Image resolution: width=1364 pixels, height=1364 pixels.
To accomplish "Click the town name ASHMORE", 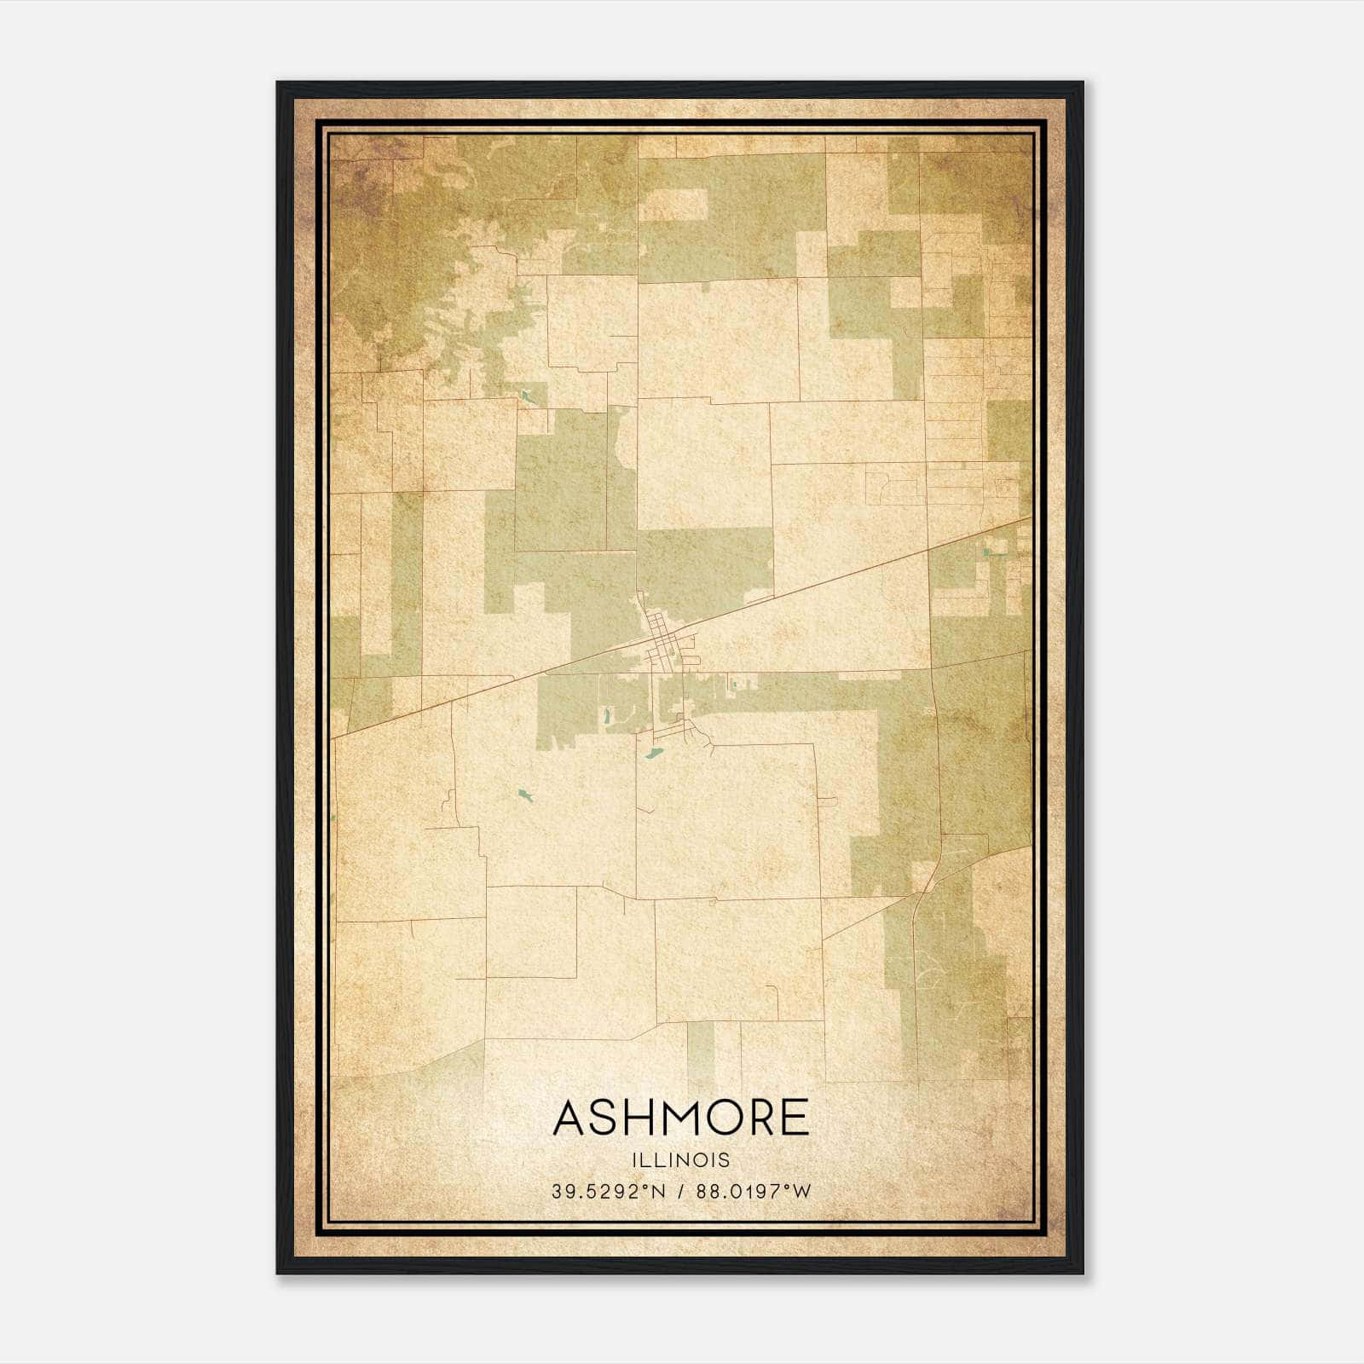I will (680, 1118).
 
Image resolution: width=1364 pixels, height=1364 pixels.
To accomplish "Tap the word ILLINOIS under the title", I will (681, 1160).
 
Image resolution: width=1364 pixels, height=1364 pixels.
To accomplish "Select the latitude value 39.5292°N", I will (607, 1191).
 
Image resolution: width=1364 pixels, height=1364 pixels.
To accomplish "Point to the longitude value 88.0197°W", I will (754, 1191).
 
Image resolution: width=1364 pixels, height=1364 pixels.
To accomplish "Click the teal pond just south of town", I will (654, 754).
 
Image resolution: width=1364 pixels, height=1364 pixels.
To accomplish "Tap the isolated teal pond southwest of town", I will (524, 797).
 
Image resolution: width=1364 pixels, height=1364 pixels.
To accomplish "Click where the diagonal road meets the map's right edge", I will (1031, 517).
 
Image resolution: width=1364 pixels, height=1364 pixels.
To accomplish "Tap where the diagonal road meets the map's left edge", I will (332, 737).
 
